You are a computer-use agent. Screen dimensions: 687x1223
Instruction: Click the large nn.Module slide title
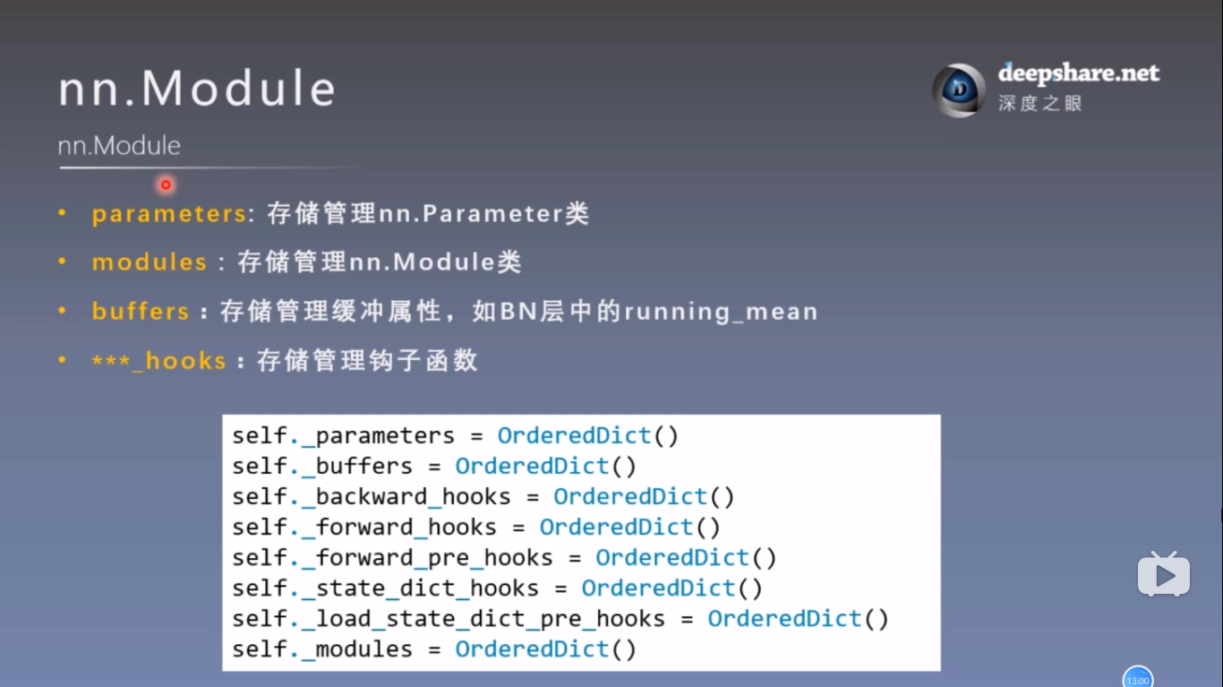coord(197,90)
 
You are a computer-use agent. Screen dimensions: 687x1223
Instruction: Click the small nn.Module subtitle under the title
coord(119,145)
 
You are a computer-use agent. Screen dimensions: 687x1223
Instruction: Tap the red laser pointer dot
coord(166,185)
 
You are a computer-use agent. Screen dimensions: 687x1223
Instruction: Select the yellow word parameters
coord(168,214)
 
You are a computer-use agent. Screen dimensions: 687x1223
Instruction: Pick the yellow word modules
coord(150,262)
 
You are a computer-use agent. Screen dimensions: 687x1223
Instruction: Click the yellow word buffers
coord(141,312)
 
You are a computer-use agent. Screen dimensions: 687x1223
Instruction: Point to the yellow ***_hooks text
coord(158,361)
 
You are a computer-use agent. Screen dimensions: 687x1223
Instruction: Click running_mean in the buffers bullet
coord(721,312)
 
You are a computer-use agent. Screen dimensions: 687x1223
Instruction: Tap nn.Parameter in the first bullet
coord(471,214)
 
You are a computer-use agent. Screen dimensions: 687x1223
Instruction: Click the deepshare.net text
coord(1078,73)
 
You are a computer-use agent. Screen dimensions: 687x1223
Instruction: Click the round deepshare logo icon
coord(959,90)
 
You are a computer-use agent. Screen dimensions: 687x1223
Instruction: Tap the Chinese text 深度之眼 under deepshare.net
coord(1040,103)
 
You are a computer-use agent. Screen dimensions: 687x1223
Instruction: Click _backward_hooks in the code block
coord(406,497)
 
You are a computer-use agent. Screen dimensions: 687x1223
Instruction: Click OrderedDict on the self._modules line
coord(532,649)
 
